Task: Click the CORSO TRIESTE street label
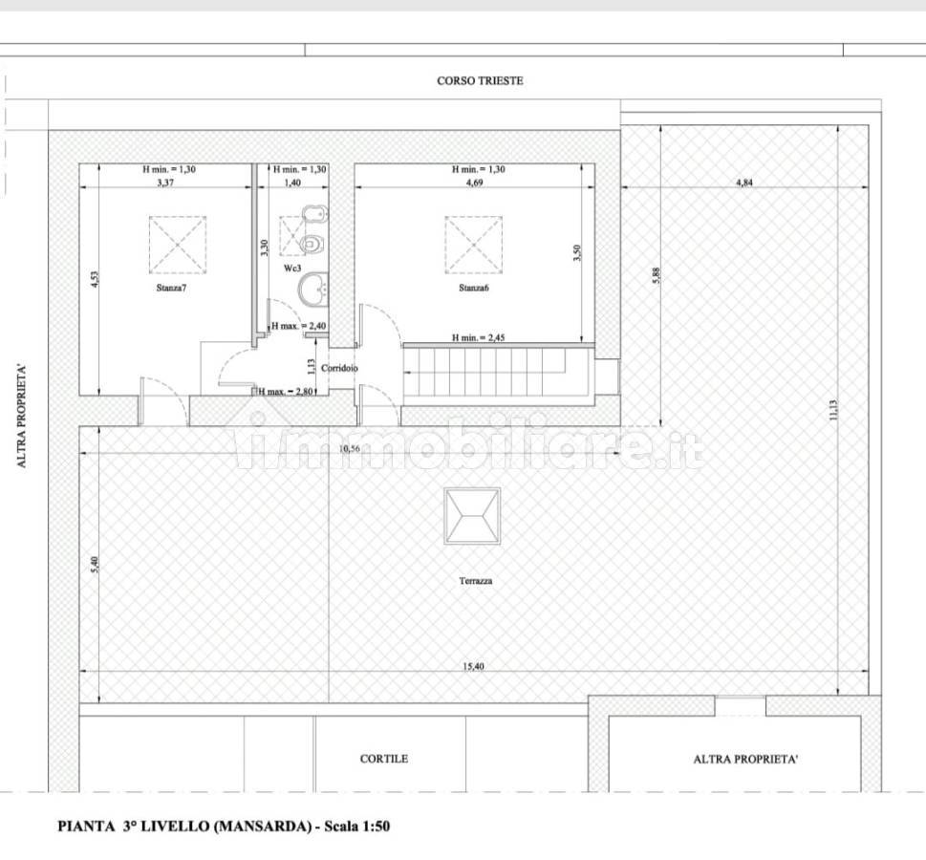pyautogui.click(x=480, y=81)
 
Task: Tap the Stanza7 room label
pyautogui.click(x=171, y=289)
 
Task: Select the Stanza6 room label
pyautogui.click(x=474, y=289)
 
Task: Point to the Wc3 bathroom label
pyautogui.click(x=292, y=269)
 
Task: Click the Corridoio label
pyautogui.click(x=339, y=368)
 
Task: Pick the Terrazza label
pyautogui.click(x=475, y=581)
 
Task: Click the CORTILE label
pyautogui.click(x=384, y=759)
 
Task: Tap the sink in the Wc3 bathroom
pyautogui.click(x=313, y=290)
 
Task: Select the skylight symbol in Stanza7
pyautogui.click(x=178, y=246)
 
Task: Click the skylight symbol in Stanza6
pyautogui.click(x=474, y=246)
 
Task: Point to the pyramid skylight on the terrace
pyautogui.click(x=472, y=516)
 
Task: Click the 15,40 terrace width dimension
pyautogui.click(x=473, y=666)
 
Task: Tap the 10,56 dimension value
pyautogui.click(x=349, y=449)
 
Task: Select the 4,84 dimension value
pyautogui.click(x=744, y=183)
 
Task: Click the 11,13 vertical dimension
pyautogui.click(x=833, y=410)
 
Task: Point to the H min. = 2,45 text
pyautogui.click(x=479, y=338)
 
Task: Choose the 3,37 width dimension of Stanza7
pyautogui.click(x=165, y=183)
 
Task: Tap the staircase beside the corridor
pyautogui.click(x=498, y=372)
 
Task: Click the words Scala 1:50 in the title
pyautogui.click(x=356, y=827)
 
